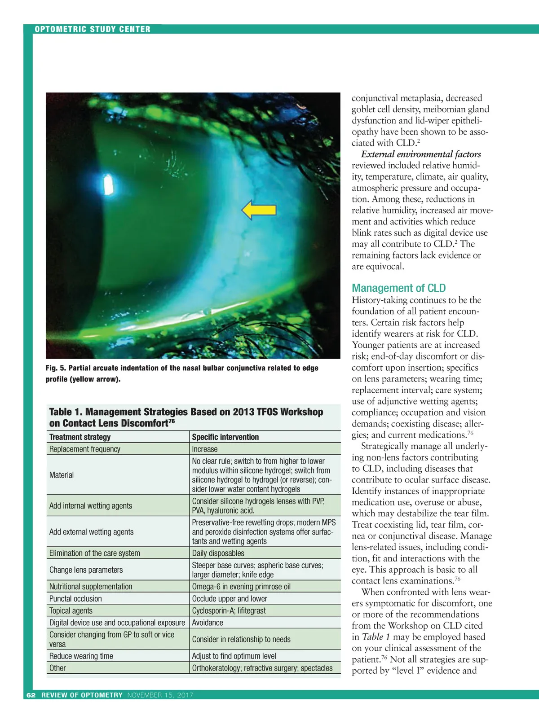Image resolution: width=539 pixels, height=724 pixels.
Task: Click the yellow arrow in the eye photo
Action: [259, 210]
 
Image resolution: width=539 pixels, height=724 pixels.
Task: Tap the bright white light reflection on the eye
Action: [108, 184]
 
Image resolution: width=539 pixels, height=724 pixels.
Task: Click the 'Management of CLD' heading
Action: [398, 288]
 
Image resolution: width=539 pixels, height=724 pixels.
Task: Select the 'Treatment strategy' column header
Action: [80, 437]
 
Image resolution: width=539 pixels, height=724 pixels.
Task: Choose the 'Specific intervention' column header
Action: [225, 437]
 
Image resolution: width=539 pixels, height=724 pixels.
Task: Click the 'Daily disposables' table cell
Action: [218, 553]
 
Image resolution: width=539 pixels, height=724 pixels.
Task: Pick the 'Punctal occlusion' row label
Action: [75, 598]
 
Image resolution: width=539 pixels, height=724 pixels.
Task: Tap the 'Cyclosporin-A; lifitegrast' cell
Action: [229, 610]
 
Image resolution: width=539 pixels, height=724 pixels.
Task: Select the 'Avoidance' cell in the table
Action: [208, 623]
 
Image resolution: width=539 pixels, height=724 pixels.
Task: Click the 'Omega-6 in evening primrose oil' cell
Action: [241, 586]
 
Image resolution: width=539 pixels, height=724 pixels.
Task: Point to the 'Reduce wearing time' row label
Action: [81, 656]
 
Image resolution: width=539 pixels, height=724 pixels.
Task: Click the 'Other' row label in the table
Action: [57, 668]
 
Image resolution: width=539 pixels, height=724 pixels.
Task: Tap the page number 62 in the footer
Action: [31, 695]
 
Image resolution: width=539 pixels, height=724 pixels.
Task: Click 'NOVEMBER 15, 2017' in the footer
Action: [160, 695]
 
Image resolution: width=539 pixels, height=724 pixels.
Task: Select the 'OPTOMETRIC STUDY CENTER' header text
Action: [93, 29]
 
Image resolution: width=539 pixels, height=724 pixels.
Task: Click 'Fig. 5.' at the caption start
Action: [56, 368]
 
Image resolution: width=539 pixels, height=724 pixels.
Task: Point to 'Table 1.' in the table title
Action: [66, 412]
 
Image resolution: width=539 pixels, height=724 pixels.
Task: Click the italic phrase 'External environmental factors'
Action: [421, 154]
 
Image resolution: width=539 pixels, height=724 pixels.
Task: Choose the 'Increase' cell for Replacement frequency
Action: [205, 449]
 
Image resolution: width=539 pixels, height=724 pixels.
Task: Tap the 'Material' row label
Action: [62, 475]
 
